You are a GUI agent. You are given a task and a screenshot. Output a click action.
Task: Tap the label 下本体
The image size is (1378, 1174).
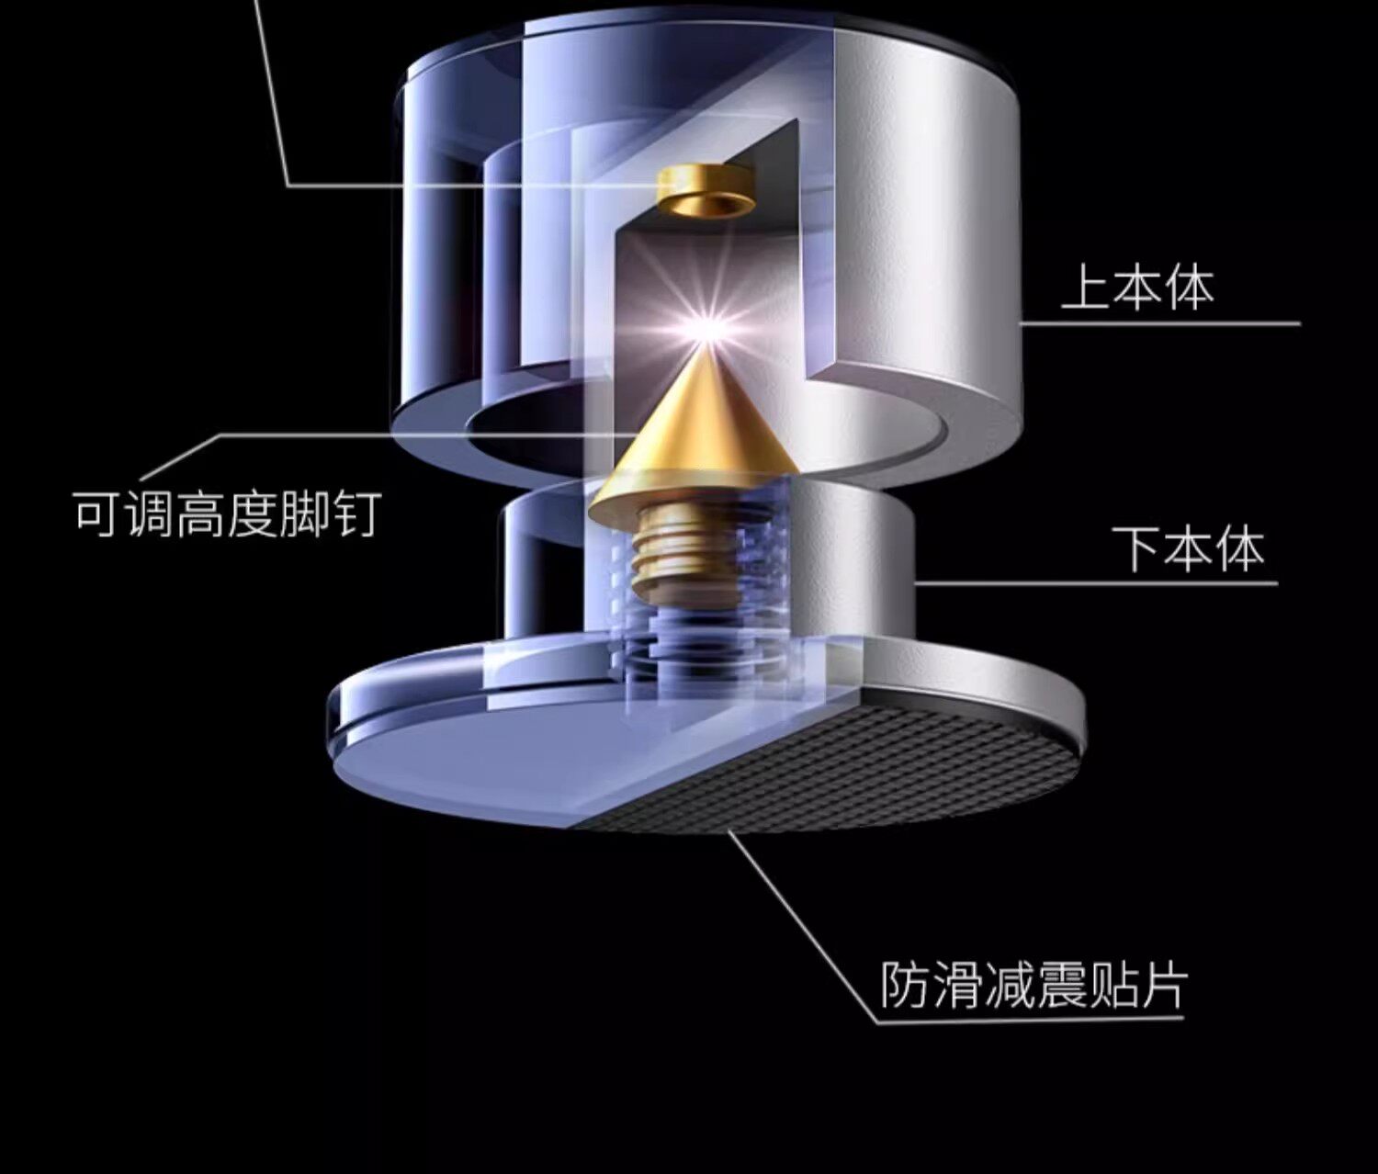[1189, 548]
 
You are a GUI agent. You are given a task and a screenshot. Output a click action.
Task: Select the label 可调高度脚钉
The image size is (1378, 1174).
[226, 514]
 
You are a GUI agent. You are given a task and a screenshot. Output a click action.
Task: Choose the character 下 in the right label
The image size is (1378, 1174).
[1138, 548]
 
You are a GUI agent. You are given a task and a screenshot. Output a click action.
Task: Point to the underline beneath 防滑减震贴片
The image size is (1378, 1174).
[1029, 1018]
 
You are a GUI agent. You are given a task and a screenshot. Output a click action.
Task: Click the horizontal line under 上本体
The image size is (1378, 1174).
[1158, 323]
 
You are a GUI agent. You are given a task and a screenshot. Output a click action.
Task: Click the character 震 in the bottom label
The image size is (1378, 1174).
[1059, 985]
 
